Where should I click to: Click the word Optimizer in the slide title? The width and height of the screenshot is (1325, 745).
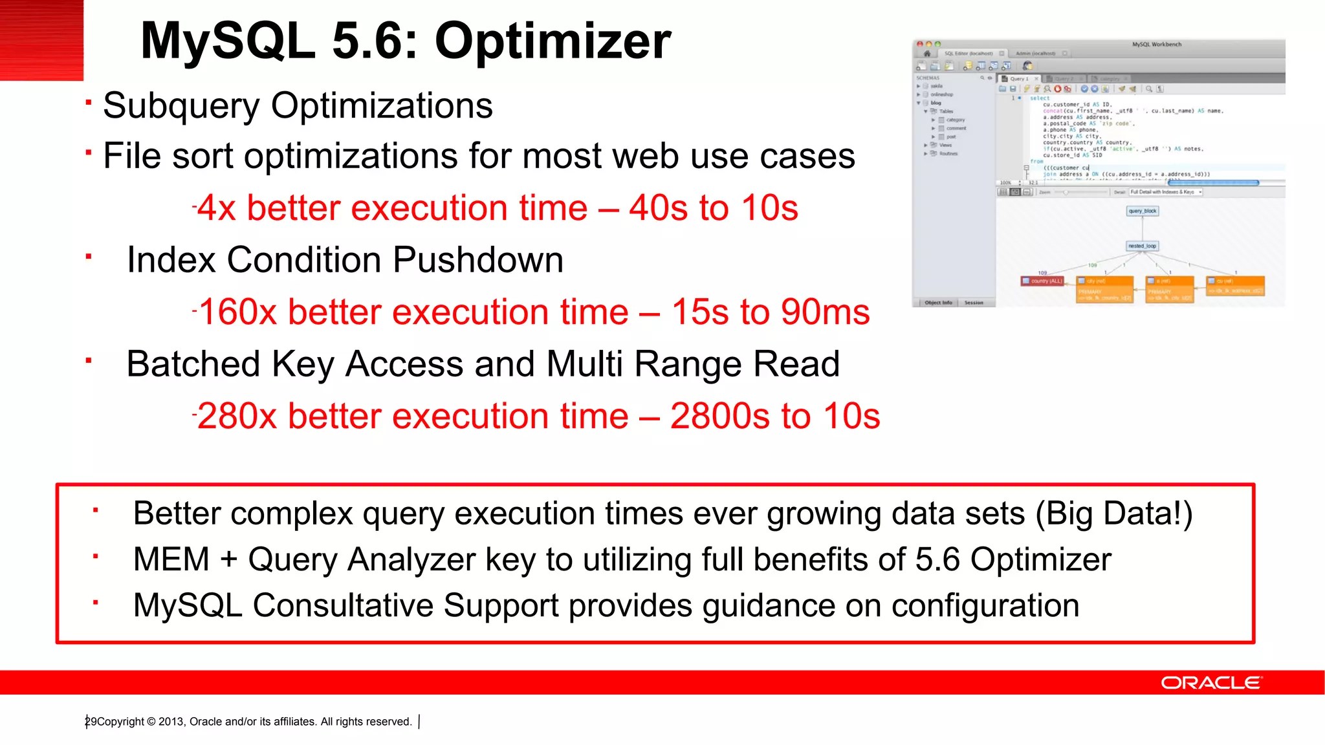click(x=553, y=41)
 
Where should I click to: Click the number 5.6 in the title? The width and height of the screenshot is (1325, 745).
click(x=371, y=41)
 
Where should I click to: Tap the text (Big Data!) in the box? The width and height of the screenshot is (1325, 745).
click(x=1113, y=513)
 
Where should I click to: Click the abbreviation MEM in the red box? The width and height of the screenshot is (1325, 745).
click(x=171, y=559)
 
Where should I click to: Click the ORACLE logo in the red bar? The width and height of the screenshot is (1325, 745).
click(x=1210, y=683)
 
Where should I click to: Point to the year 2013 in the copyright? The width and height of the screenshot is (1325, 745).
click(x=171, y=722)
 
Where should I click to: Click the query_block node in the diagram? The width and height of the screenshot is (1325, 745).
click(x=1142, y=211)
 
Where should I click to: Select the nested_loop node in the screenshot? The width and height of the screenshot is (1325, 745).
click(x=1142, y=246)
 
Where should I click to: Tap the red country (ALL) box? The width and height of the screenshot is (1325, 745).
click(x=1042, y=281)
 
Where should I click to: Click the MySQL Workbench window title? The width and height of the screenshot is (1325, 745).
click(x=1156, y=45)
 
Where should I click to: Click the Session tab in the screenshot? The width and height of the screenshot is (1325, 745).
click(x=974, y=303)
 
